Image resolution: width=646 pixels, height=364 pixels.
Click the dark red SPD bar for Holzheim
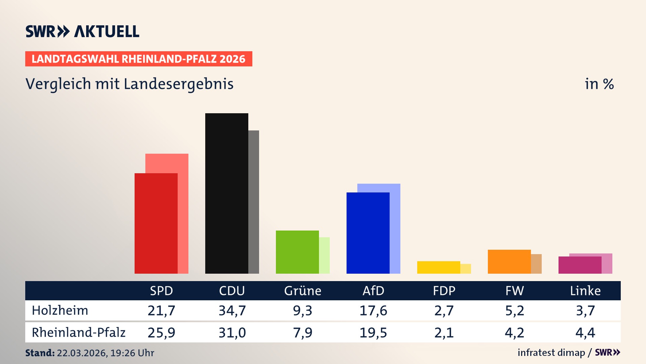click(156, 223)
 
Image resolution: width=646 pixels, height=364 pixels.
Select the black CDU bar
click(226, 193)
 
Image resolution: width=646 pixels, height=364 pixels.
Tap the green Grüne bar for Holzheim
click(297, 252)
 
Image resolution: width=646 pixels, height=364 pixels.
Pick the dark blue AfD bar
click(368, 233)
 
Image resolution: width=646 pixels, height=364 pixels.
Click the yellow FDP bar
click(438, 267)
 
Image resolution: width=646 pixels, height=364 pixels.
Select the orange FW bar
click(509, 262)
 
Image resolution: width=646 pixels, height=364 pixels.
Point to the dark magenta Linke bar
click(580, 265)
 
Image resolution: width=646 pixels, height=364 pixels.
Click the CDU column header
click(232, 291)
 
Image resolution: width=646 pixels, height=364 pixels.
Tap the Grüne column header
click(302, 291)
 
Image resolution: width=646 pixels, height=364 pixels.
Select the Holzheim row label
click(60, 310)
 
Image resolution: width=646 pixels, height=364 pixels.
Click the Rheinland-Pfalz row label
click(78, 333)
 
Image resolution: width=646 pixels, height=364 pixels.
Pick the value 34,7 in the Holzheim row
click(232, 310)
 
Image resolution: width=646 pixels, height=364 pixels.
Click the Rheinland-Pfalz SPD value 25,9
click(161, 333)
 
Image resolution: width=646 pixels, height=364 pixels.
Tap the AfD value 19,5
click(373, 333)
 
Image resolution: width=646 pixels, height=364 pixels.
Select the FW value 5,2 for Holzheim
click(514, 310)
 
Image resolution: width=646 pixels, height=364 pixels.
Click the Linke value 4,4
click(585, 333)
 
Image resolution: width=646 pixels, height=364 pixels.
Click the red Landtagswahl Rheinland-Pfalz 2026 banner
click(139, 59)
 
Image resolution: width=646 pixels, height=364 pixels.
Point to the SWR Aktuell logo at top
click(82, 31)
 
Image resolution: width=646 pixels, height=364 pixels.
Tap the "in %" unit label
click(599, 84)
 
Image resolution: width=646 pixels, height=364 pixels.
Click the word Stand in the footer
click(40, 353)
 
